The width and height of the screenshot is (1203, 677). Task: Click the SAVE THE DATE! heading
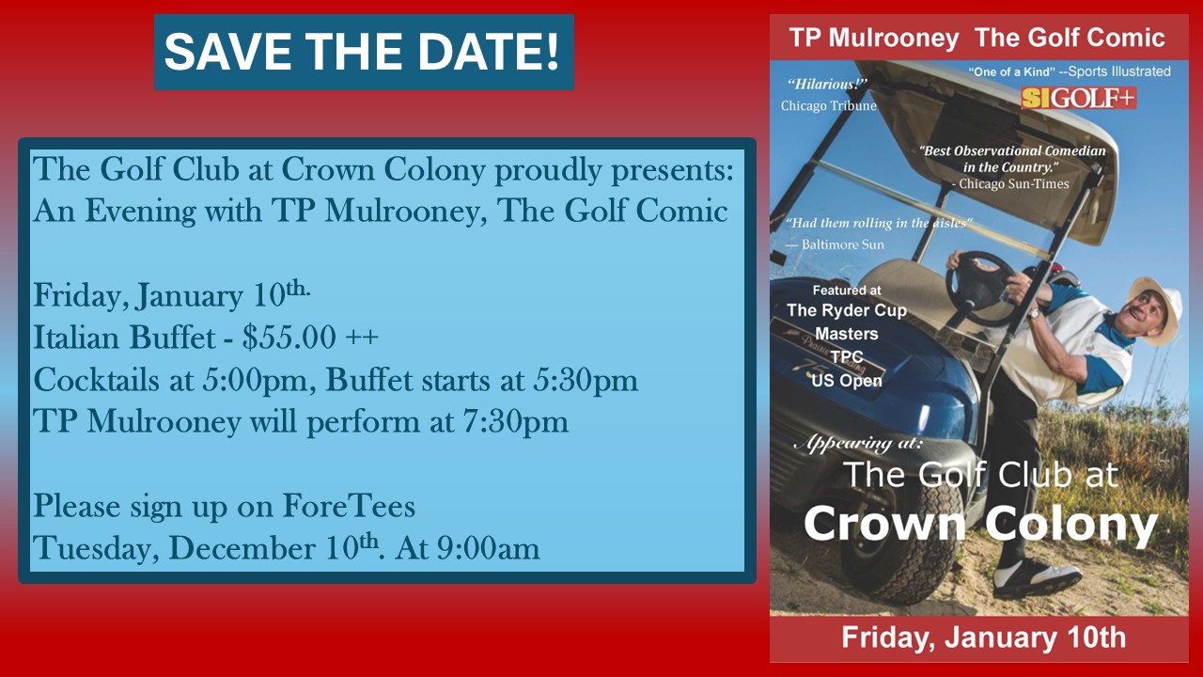[x=362, y=52]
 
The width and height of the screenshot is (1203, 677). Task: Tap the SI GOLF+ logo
[x=1078, y=98]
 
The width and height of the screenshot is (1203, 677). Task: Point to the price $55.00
[x=289, y=338]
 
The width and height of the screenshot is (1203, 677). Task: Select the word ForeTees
[x=349, y=506]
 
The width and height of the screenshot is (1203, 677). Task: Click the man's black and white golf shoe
[x=1037, y=580]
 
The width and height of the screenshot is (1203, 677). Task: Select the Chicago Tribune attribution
[x=829, y=106]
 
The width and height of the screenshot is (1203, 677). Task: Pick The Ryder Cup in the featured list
[x=847, y=310]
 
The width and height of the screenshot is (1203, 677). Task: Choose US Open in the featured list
[x=847, y=381]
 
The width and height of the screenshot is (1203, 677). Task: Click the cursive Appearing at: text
[x=858, y=444]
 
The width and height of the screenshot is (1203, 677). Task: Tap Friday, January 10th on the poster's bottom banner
[x=983, y=638]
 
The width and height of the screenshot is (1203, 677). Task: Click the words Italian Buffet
[x=125, y=338]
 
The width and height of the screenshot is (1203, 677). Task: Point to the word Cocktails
[x=97, y=379]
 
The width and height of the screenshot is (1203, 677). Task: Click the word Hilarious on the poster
[x=827, y=85]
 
